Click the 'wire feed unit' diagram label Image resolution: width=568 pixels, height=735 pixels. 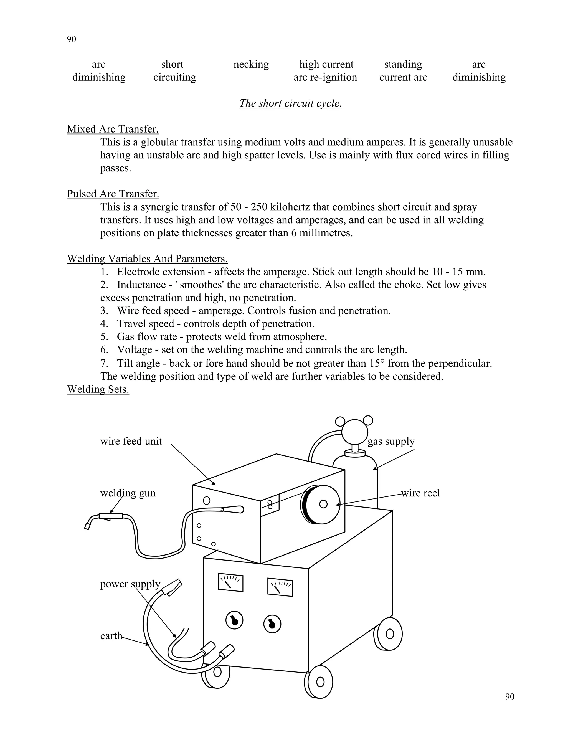click(x=131, y=441)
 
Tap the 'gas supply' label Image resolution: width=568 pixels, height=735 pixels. click(x=391, y=441)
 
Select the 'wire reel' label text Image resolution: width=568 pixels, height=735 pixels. click(x=421, y=493)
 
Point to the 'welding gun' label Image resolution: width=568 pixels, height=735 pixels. click(x=128, y=493)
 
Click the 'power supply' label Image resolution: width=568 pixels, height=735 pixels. click(x=130, y=584)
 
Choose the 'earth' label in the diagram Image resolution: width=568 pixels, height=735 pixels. click(x=111, y=636)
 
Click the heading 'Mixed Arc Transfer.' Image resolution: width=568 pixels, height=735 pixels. click(x=113, y=129)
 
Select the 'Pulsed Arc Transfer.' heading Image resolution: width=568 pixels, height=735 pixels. click(x=113, y=194)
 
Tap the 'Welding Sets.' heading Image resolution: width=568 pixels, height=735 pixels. click(x=98, y=389)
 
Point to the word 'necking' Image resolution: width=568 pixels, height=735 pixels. click(x=251, y=64)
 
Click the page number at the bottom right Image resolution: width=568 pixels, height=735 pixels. click(x=510, y=697)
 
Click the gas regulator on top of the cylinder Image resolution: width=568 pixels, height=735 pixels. click(x=355, y=432)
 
